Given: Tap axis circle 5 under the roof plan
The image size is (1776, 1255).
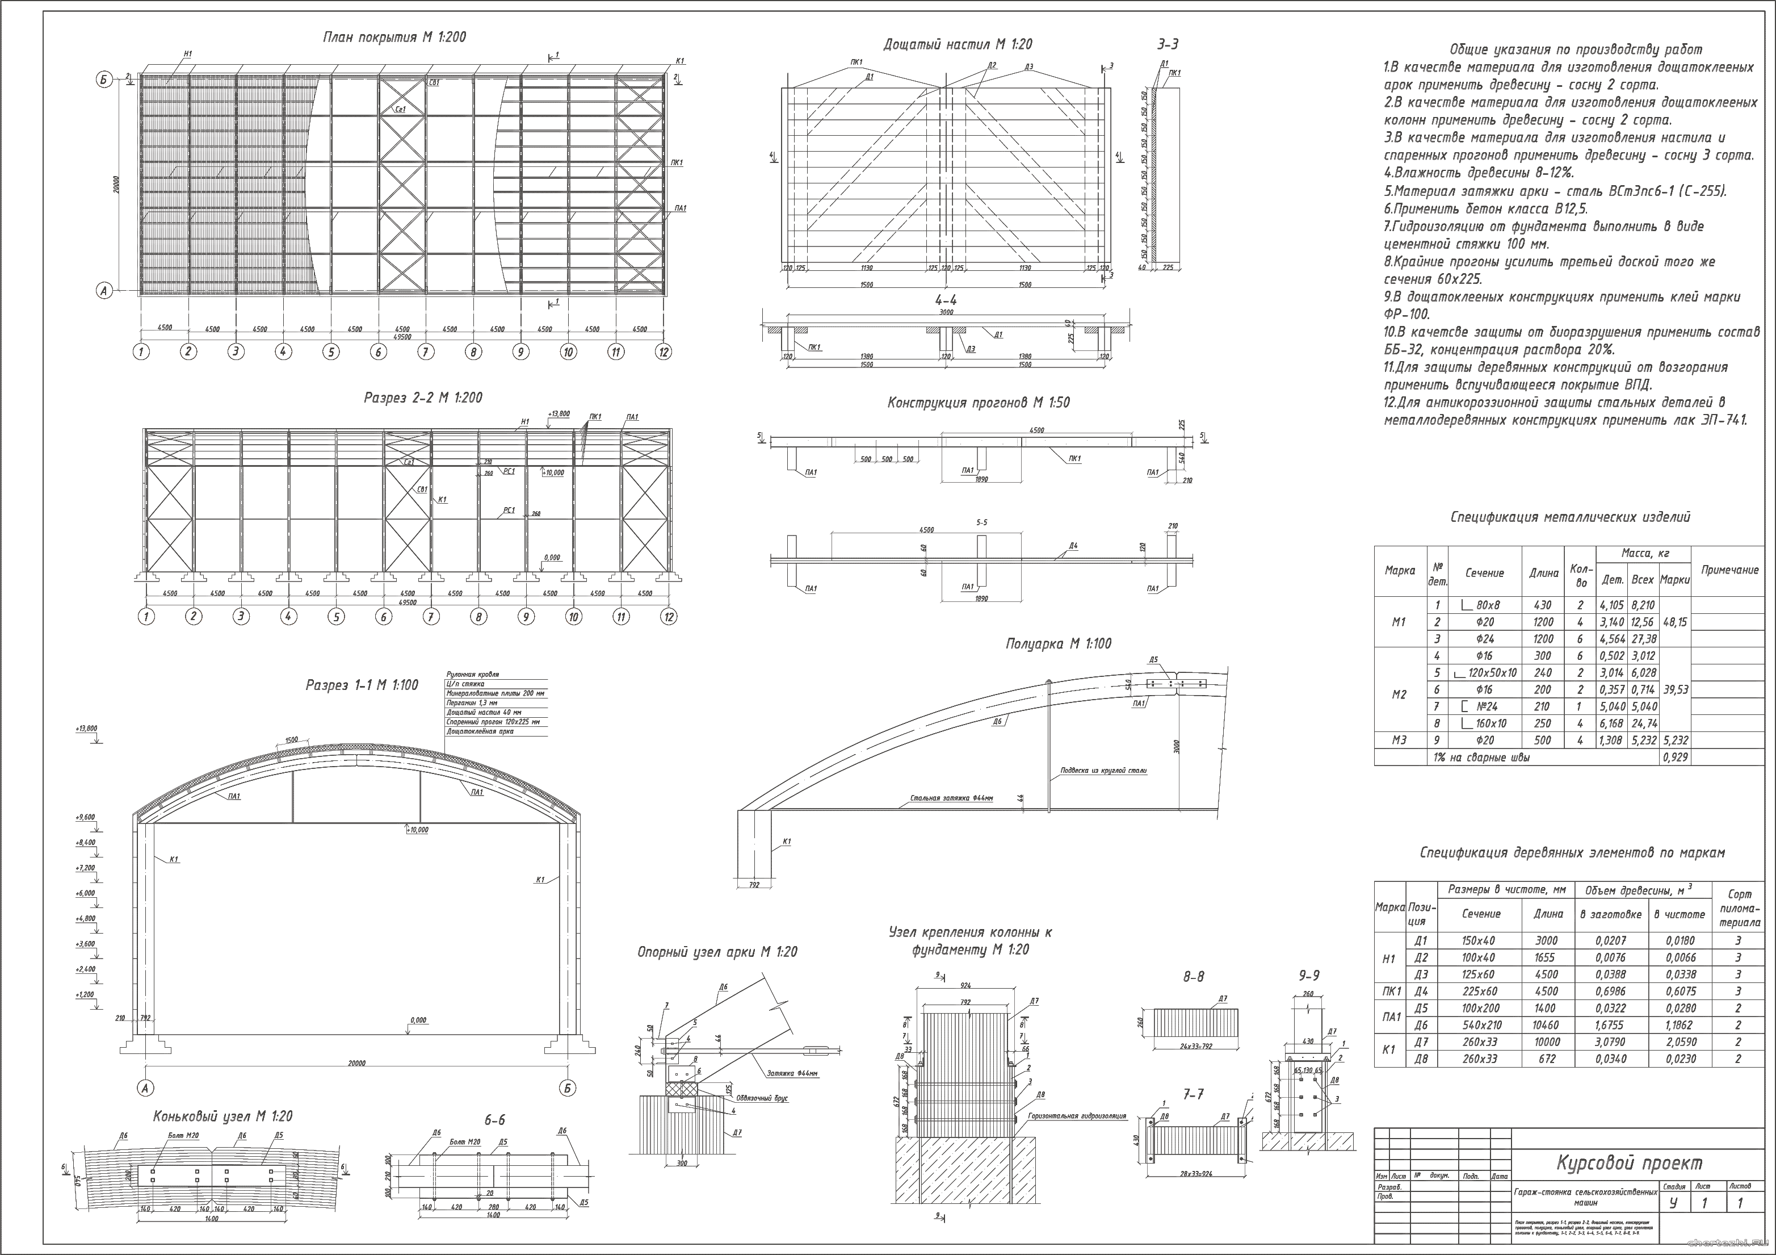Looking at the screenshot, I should coord(331,352).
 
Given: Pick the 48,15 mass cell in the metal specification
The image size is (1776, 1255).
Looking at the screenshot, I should coord(1674,622).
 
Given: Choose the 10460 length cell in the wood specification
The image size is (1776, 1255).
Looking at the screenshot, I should coord(1548,1025).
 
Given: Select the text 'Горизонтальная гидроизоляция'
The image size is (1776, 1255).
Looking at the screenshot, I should coord(1077,1116).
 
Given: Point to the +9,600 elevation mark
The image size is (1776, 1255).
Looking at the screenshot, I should coord(85,817).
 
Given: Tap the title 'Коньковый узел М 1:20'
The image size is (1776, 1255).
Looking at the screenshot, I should coord(222,1116).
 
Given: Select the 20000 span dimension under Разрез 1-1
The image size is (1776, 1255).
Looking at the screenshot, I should coord(356,1063).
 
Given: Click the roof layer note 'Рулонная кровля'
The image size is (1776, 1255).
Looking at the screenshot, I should coord(473,675).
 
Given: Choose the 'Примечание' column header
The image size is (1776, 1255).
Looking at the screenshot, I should coord(1729,570).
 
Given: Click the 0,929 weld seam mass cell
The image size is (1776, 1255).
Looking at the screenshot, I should coord(1674,758).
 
